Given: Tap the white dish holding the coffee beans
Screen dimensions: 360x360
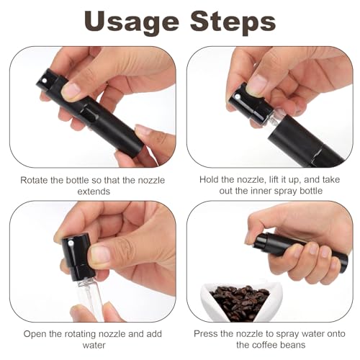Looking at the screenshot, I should click(x=216, y=306).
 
